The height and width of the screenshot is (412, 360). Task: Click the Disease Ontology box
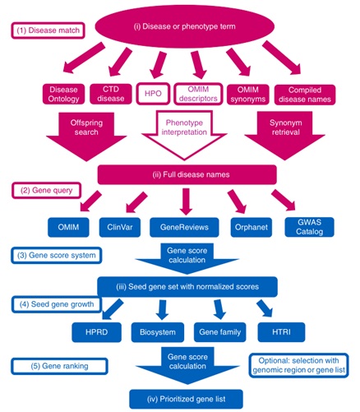(x=63, y=94)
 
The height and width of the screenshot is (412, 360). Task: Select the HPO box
(x=153, y=94)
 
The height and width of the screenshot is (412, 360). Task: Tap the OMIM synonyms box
(x=247, y=95)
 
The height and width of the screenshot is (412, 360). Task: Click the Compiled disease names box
(x=305, y=95)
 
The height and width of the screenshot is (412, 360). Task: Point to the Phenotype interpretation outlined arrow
(x=184, y=132)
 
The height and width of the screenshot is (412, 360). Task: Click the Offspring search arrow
(x=86, y=133)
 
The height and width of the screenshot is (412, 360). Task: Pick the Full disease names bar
(x=187, y=174)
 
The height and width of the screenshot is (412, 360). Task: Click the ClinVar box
(x=120, y=227)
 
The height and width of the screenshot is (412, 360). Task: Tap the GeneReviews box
(x=184, y=227)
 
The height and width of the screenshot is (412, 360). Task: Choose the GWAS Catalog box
(x=309, y=227)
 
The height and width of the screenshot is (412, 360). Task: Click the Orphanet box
(x=252, y=227)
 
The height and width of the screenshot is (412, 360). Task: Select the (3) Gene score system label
(x=57, y=256)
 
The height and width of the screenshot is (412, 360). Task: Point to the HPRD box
(x=96, y=332)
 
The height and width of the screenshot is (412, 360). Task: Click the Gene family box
(x=219, y=332)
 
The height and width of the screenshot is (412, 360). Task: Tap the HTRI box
(x=281, y=332)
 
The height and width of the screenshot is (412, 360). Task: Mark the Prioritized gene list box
(x=186, y=399)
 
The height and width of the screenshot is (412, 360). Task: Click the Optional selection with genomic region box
(x=298, y=365)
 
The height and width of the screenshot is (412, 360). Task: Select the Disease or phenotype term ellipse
(x=184, y=26)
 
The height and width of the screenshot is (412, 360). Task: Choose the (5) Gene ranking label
(x=59, y=366)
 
